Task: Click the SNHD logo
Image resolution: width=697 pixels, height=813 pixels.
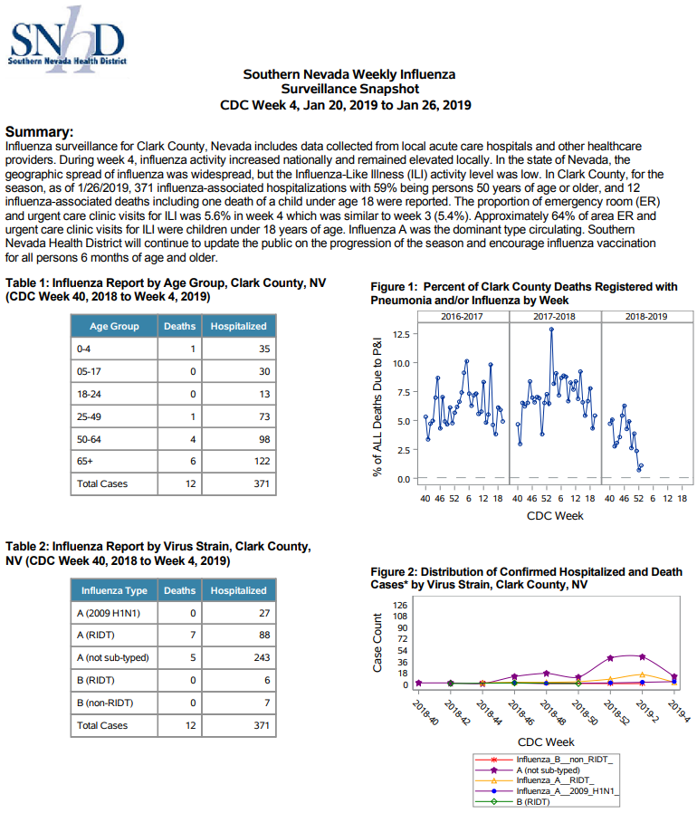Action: pos(67,40)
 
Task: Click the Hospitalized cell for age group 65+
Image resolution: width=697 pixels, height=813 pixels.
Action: pos(239,461)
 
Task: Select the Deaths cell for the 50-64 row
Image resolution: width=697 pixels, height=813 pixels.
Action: pos(179,439)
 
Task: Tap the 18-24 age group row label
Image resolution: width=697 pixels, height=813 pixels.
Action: pos(90,394)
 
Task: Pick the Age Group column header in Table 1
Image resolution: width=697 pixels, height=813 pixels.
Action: pos(114,326)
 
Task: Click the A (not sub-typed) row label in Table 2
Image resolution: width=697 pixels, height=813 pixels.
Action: pos(113,657)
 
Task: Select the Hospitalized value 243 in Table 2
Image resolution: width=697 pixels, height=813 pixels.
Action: pos(262,657)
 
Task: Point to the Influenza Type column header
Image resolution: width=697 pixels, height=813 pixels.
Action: pos(114,590)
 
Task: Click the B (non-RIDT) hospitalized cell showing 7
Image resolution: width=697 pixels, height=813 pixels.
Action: pos(239,703)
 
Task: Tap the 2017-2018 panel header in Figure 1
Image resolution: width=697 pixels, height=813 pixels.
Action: pos(555,316)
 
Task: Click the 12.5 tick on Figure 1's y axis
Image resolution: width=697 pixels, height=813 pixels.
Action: pos(402,334)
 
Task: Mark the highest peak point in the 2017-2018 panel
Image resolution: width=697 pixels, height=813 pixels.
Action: pos(551,330)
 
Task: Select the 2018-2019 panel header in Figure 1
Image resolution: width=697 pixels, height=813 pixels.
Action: pos(646,316)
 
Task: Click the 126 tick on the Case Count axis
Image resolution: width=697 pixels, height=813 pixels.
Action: pos(400,605)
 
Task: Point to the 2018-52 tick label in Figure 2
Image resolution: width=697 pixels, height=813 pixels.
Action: pos(616,713)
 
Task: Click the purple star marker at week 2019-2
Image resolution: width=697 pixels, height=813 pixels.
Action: pos(643,657)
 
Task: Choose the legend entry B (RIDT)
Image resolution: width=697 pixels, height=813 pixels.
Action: pos(532,801)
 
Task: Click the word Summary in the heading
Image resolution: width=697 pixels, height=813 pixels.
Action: pos(40,131)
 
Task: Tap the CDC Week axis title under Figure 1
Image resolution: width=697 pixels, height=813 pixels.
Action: pos(555,516)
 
